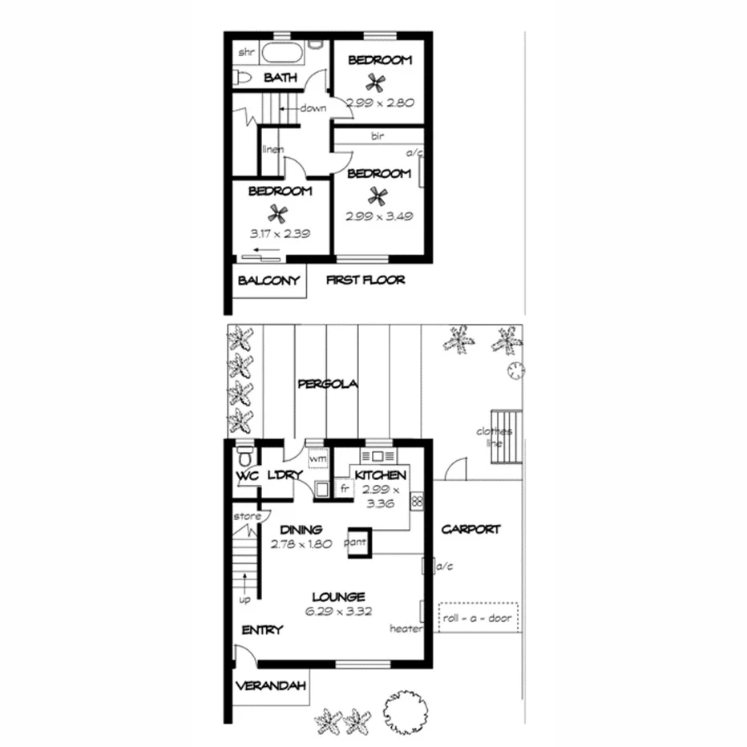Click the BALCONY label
pyautogui.click(x=269, y=281)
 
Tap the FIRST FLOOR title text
pyautogui.click(x=365, y=280)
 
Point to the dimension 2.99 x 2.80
pyautogui.click(x=378, y=103)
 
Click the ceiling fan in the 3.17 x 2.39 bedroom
pyautogui.click(x=278, y=213)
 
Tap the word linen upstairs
pyautogui.click(x=273, y=150)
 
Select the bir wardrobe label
pyautogui.click(x=378, y=137)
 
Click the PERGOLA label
pyautogui.click(x=327, y=384)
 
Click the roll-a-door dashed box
pyautogui.click(x=478, y=618)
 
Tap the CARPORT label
pyautogui.click(x=470, y=529)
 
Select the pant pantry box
pyautogui.click(x=357, y=540)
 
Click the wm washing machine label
pyautogui.click(x=317, y=459)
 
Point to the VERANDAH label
pyautogui.click(x=269, y=687)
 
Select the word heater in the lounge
pyautogui.click(x=406, y=628)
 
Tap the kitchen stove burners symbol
pyautogui.click(x=417, y=502)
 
